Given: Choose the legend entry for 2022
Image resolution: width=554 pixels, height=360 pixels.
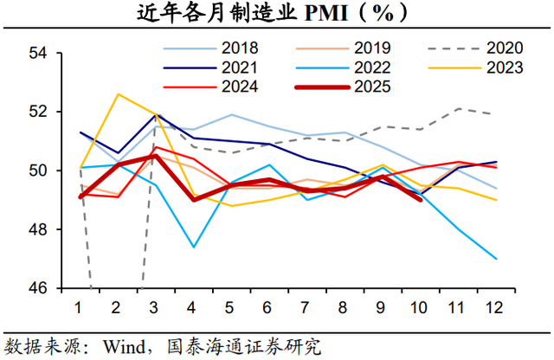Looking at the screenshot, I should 346,67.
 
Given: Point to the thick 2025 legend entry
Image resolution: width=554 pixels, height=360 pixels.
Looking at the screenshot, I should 346,86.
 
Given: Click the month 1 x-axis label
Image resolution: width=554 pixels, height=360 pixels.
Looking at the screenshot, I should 79,306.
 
